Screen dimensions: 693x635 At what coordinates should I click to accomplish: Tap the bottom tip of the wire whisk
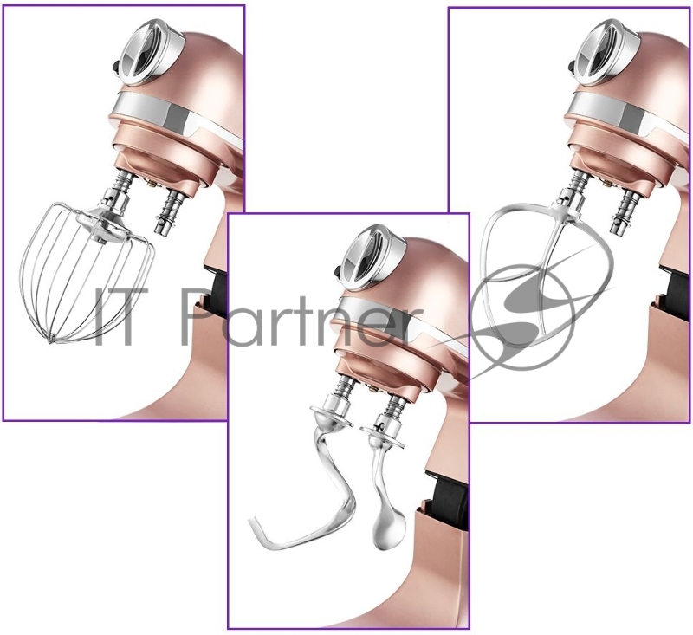(52, 340)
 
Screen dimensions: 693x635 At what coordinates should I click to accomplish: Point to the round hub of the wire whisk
(100, 225)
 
